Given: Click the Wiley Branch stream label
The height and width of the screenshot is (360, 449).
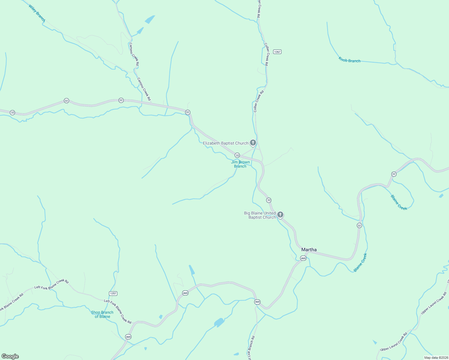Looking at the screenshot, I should click(x=37, y=13).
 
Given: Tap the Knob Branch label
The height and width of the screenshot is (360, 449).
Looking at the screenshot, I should click(x=349, y=60).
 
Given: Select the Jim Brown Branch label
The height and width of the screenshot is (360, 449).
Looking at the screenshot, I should click(x=240, y=164).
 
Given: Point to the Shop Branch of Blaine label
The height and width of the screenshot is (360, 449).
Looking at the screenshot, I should click(x=102, y=314).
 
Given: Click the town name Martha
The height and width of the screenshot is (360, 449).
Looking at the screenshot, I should click(x=309, y=250).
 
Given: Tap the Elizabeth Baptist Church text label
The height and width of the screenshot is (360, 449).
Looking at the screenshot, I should click(x=226, y=143).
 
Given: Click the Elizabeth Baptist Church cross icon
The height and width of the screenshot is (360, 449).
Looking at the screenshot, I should click(x=253, y=143).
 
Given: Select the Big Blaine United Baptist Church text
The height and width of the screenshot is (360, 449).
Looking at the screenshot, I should click(x=260, y=215).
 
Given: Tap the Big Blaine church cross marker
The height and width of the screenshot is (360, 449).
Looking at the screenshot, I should click(x=280, y=214).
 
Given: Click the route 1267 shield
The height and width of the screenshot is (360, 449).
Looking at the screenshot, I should click(x=277, y=52).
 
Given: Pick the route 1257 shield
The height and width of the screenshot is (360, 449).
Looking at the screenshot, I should click(x=113, y=293).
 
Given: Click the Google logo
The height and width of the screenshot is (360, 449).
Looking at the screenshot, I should click(x=10, y=356).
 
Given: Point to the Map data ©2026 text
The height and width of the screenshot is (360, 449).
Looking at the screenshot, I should click(x=435, y=358).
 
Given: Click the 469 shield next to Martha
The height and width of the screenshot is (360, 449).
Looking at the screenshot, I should click(x=303, y=258).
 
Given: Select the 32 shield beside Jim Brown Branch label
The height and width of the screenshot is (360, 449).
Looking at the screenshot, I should click(x=237, y=155).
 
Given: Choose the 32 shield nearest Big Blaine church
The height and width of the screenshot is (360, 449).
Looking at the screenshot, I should click(x=269, y=200).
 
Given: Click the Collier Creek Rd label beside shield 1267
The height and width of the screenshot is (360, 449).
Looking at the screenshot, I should click(x=266, y=54).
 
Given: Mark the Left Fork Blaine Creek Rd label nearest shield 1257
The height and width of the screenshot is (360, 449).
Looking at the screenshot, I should click(x=118, y=311).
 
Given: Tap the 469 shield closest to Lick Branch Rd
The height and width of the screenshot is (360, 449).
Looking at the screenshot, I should click(x=257, y=302).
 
